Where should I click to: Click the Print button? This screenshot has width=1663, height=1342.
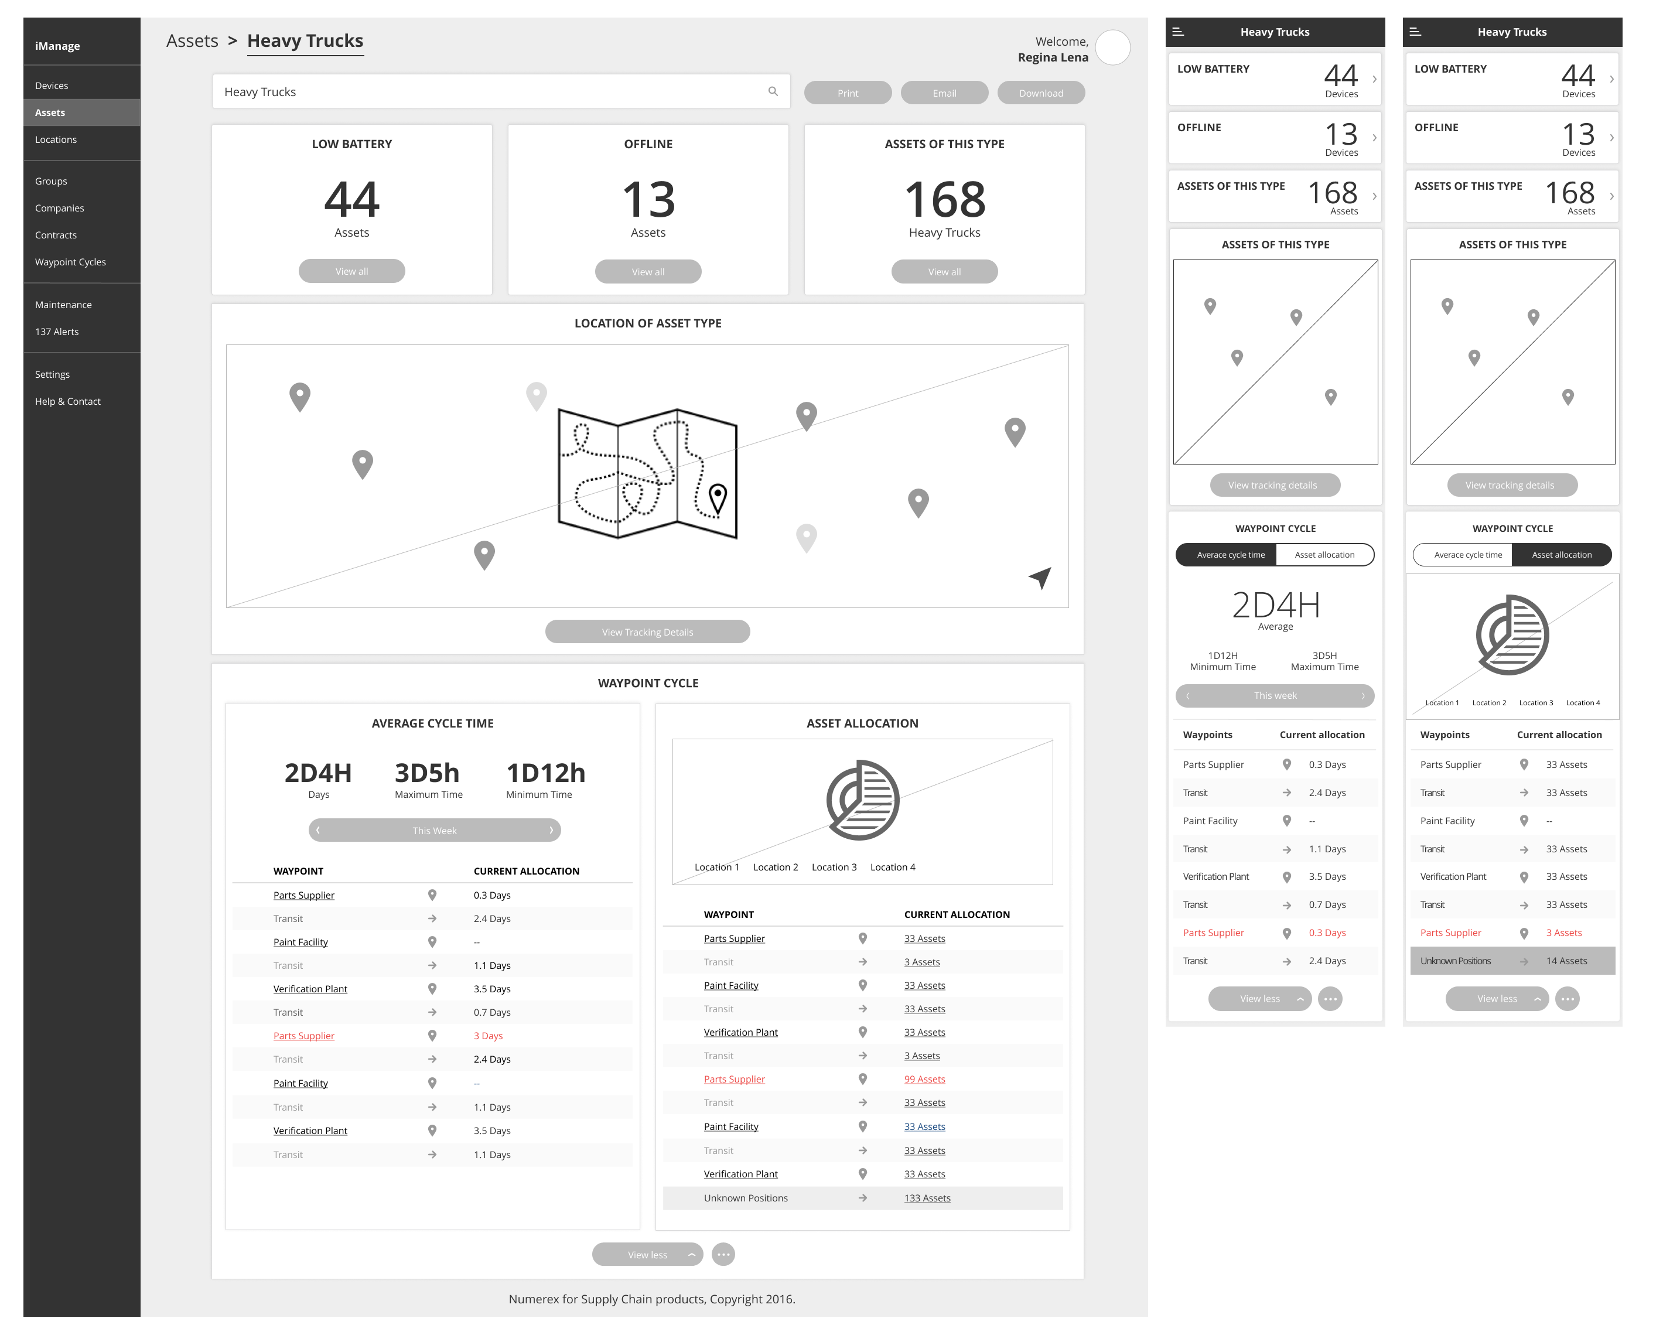tap(848, 93)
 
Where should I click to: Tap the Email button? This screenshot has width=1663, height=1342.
tap(944, 93)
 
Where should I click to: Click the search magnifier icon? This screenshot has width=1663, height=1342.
tap(773, 91)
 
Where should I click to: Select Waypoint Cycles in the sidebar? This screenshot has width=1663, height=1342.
tap(70, 262)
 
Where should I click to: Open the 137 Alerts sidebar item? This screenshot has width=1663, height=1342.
tap(56, 332)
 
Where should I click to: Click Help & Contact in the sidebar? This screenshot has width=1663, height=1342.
tap(67, 401)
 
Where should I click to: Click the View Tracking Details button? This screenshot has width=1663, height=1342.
tap(647, 631)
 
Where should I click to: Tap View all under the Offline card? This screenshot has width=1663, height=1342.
tap(648, 271)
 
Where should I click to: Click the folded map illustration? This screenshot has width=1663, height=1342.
tap(647, 473)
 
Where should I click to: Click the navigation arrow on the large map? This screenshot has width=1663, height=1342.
tap(1041, 576)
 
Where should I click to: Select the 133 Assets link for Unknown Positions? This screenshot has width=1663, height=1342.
tap(927, 1198)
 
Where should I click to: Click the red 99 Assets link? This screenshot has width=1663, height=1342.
tap(925, 1079)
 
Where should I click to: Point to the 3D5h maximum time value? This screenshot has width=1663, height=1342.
tap(427, 772)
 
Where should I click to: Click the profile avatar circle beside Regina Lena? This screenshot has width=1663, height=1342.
tap(1112, 48)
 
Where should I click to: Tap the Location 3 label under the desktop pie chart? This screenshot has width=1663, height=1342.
tap(834, 868)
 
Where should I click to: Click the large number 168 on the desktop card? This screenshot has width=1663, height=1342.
tap(944, 199)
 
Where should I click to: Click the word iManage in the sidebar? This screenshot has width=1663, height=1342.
tap(57, 46)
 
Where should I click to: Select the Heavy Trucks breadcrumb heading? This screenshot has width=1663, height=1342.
tap(305, 41)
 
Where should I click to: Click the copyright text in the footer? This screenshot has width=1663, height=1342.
tap(652, 1299)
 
